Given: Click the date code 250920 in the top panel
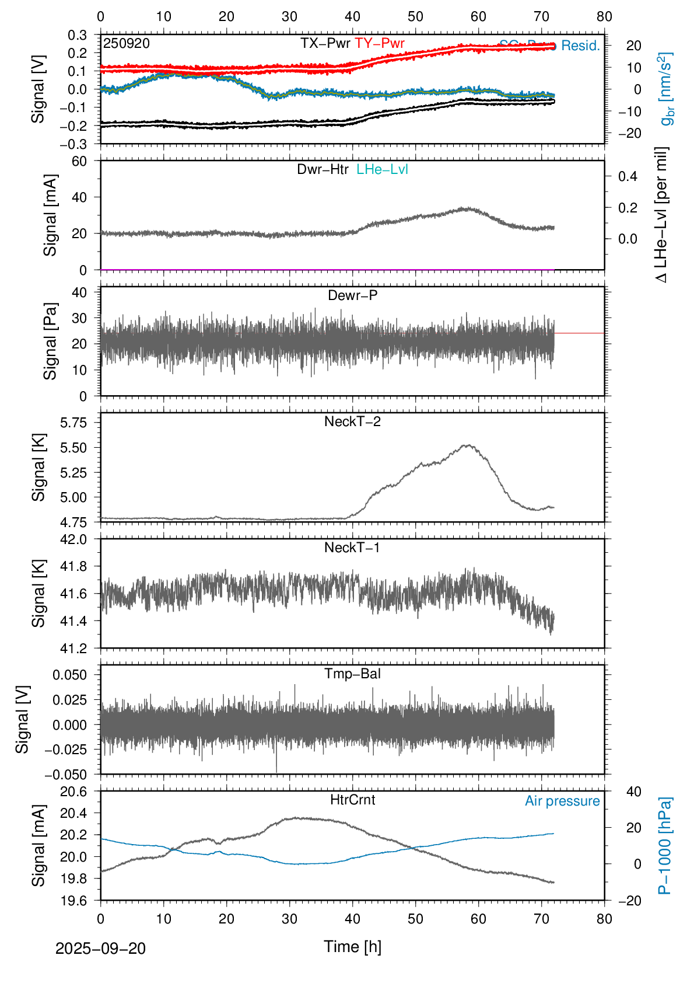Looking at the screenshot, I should (127, 44).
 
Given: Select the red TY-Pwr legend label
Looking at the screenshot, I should (380, 43).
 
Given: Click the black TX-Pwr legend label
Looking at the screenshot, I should (325, 43).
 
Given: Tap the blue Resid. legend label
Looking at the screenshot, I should (580, 46).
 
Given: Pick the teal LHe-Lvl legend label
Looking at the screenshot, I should (382, 169).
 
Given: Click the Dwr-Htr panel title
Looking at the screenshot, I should (323, 169).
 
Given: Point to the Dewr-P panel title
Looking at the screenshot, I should (352, 295).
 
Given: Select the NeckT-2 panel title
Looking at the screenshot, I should (352, 421).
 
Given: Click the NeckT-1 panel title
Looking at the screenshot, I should (352, 548).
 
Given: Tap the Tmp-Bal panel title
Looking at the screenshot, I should (352, 674).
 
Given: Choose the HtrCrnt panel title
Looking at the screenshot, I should (352, 800).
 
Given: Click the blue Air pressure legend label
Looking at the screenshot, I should (562, 801).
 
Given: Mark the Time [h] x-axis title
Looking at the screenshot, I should (352, 946).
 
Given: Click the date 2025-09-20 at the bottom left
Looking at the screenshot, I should (100, 949).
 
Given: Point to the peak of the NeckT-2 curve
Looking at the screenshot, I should (467, 445).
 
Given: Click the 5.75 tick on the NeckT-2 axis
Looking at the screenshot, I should (73, 422).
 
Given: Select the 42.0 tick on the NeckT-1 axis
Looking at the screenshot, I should (73, 539).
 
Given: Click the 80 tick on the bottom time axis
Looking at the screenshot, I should (604, 919).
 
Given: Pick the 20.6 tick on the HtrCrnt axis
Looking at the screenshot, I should (73, 792).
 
